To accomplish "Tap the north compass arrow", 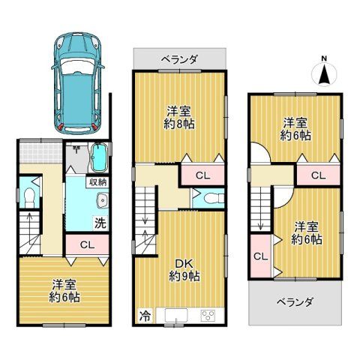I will pyautogui.click(x=324, y=73).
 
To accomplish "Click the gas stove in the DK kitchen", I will pyautogui.click(x=208, y=316).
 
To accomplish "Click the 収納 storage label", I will pyautogui.click(x=97, y=181).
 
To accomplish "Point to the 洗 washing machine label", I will pyautogui.click(x=98, y=223).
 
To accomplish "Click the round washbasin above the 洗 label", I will pyautogui.click(x=103, y=200).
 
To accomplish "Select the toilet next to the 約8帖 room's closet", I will pyautogui.click(x=211, y=199).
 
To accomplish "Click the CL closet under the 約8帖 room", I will pyautogui.click(x=202, y=175).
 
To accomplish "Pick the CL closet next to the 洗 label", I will pyautogui.click(x=86, y=244).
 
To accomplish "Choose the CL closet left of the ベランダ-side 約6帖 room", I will pyautogui.click(x=260, y=256).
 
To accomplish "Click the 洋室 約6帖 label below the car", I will pyautogui.click(x=66, y=290).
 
